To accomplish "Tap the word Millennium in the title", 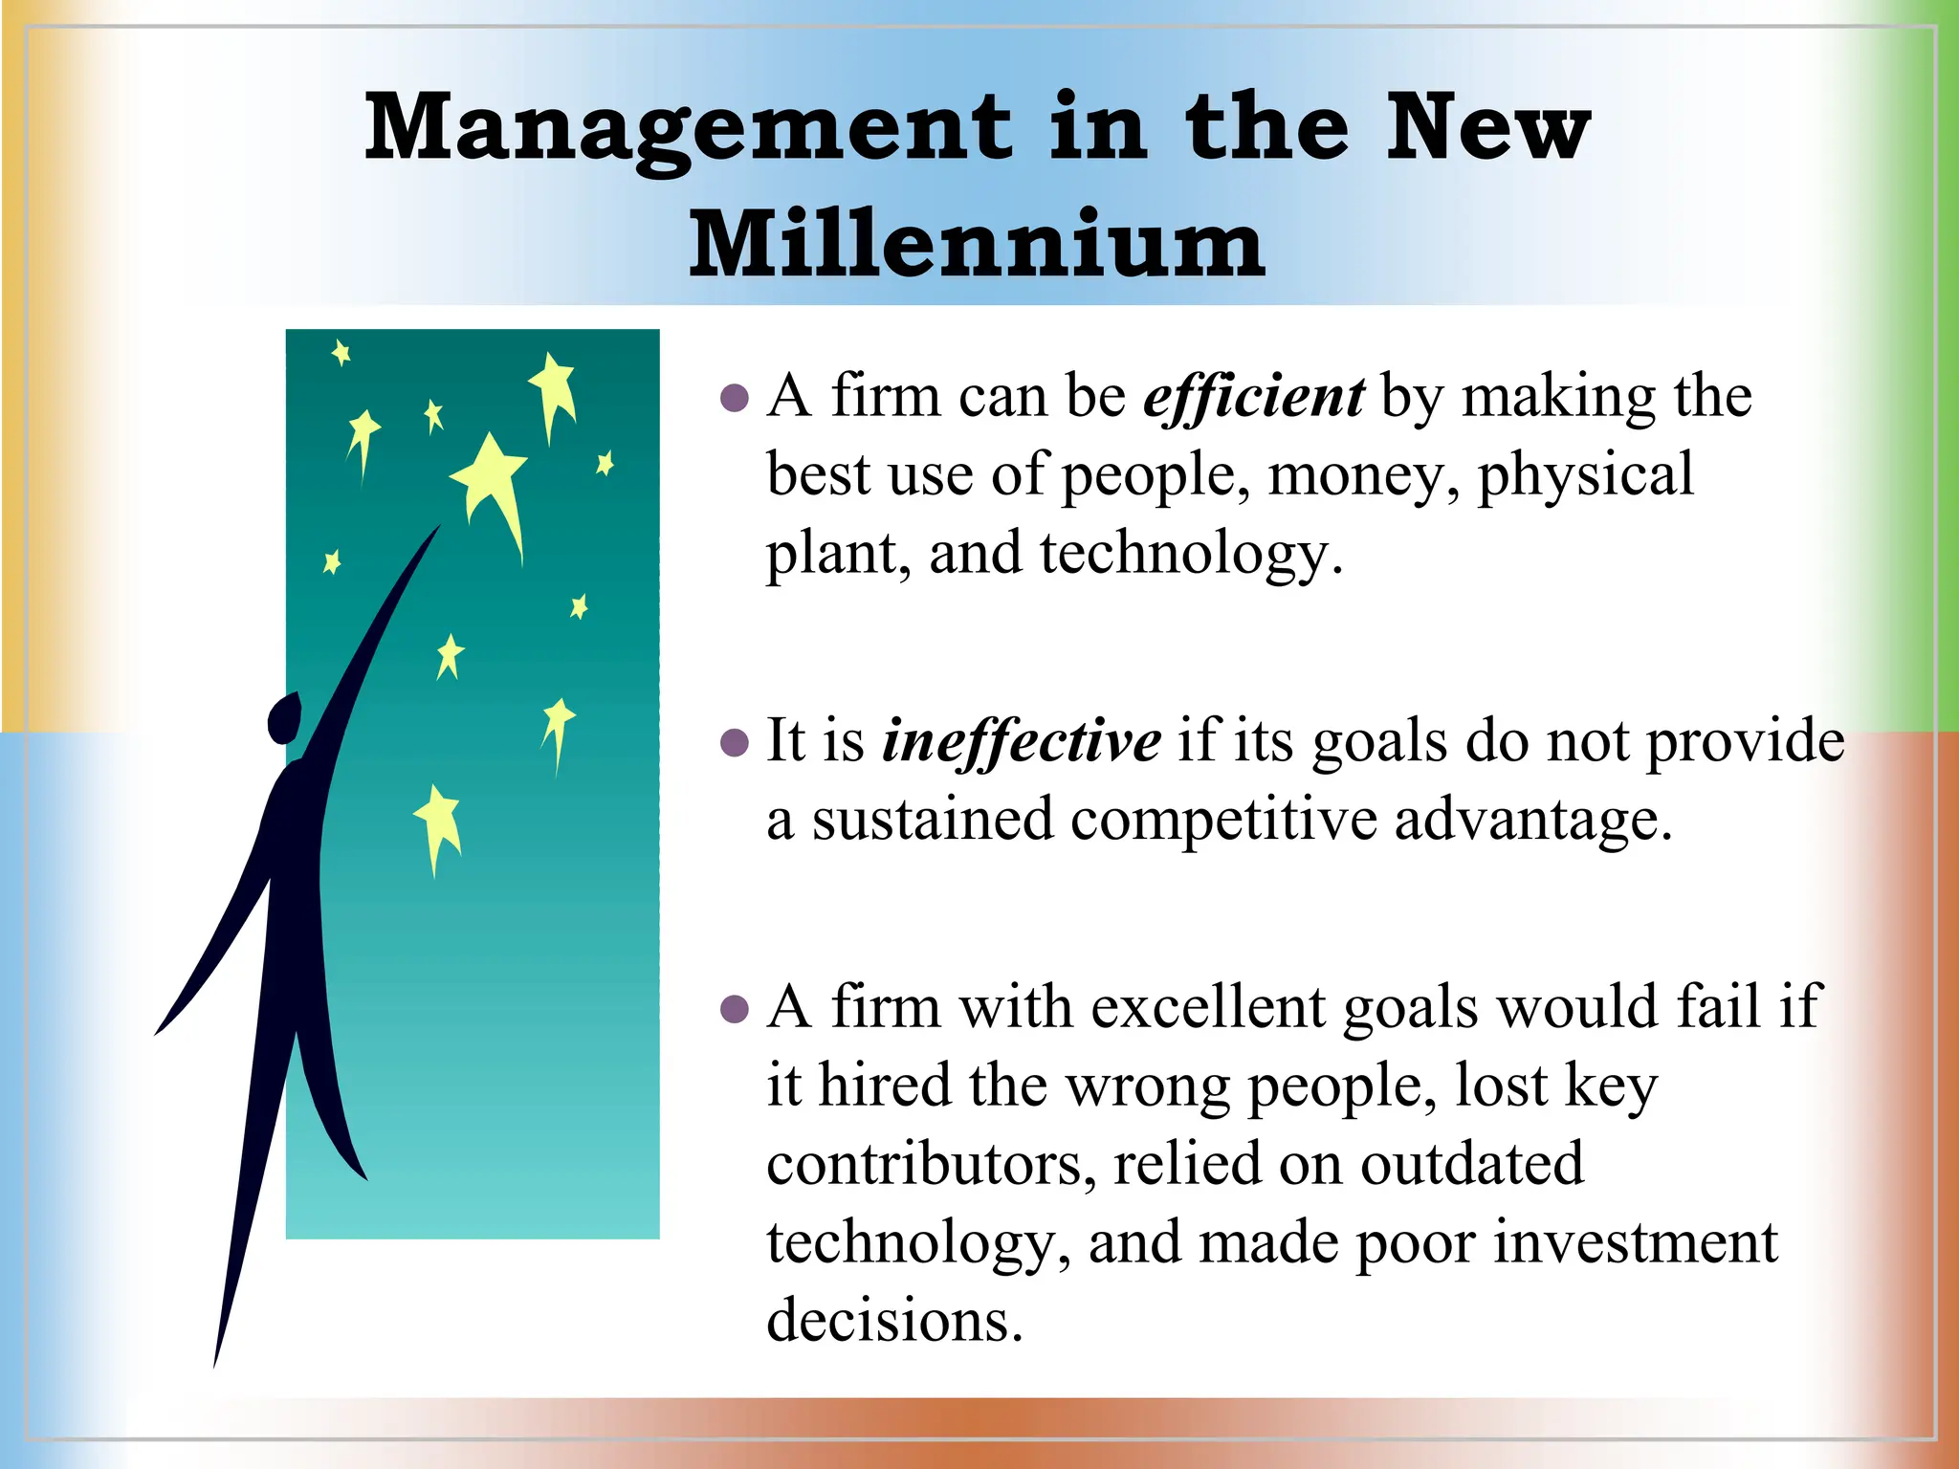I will point(977,247).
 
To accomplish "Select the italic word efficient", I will point(1253,397).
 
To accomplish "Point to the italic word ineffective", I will point(1021,741).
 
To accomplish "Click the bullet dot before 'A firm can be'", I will point(734,398).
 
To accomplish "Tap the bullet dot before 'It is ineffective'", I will point(734,743).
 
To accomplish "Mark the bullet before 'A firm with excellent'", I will point(734,1009).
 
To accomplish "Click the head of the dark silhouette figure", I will point(284,718).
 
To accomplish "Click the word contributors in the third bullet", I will point(924,1164).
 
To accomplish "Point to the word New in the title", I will point(1487,129).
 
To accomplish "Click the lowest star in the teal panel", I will point(439,824).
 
